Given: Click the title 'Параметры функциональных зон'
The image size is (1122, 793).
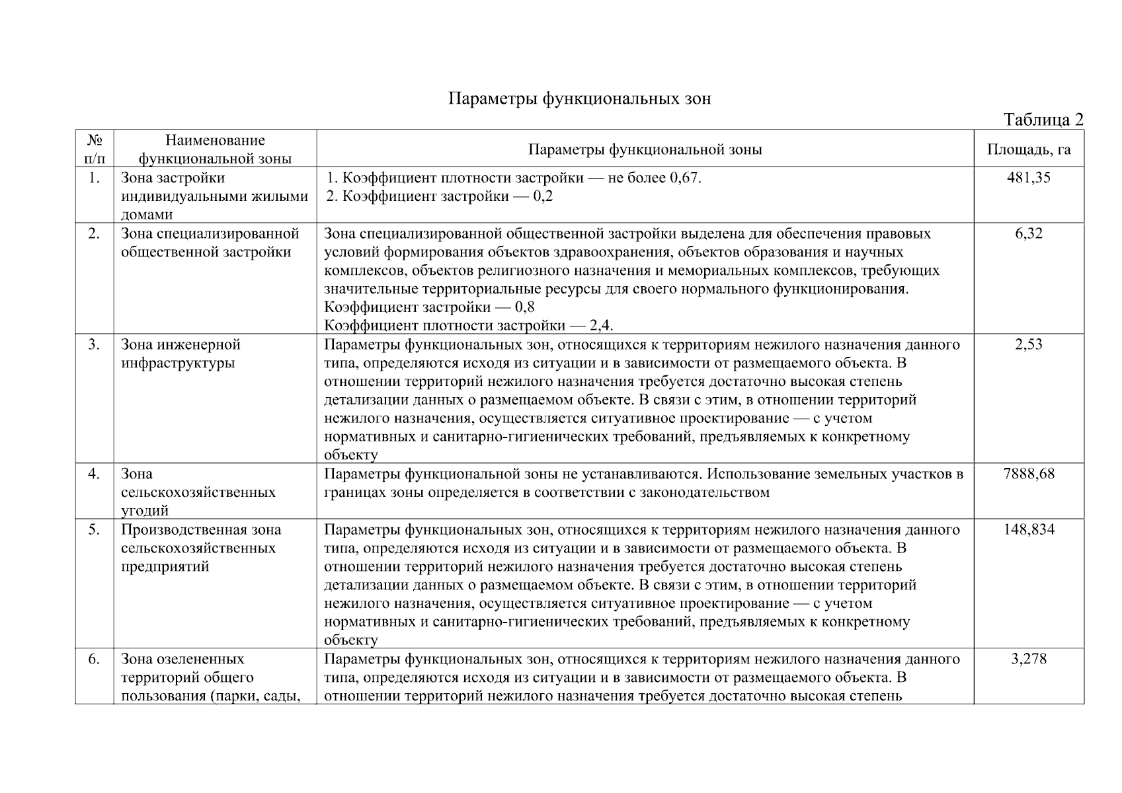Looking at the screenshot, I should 580,99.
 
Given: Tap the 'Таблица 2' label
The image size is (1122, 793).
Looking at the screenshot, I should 1043,120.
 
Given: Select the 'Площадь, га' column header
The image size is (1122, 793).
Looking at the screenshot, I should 1028,149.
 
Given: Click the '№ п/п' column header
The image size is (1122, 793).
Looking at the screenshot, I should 94,149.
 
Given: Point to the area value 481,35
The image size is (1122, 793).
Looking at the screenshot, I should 1028,178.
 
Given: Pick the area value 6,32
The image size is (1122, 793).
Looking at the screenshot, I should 1028,233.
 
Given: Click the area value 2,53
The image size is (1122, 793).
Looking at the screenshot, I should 1028,344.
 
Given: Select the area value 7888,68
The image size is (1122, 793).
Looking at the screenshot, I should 1028,474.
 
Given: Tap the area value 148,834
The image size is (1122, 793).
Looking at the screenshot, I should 1028,529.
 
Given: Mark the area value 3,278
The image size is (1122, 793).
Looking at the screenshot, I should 1028,659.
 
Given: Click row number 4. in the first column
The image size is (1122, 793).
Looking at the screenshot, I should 94,474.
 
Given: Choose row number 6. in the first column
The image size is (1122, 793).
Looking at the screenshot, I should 94,659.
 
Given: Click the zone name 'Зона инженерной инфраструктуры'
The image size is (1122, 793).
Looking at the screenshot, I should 180,354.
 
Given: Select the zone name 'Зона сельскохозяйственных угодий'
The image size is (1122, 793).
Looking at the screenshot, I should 198,492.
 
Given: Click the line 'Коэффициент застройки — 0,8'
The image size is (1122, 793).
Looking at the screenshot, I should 429,307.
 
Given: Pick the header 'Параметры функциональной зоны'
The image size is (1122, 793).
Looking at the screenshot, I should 645,149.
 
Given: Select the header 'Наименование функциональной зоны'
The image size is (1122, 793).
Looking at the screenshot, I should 215,149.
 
